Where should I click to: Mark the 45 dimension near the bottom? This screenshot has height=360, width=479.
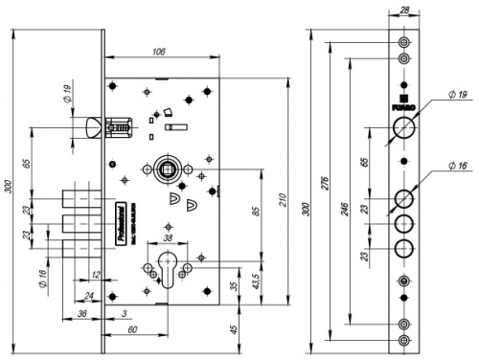tap(236, 330)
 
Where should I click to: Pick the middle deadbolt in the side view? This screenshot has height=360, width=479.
tap(78, 226)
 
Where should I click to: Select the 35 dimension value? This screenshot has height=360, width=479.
tap(236, 284)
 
